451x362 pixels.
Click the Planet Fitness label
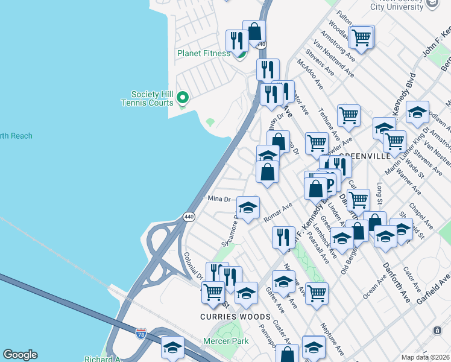coord(203,53)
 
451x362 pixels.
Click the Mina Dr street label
coord(219,199)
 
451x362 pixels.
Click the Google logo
coord(20,355)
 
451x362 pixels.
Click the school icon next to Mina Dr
coord(248,208)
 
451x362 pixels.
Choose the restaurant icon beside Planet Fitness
coord(235,40)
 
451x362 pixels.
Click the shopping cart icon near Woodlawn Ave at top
coord(361,37)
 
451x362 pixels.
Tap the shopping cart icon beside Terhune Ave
coord(349,115)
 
